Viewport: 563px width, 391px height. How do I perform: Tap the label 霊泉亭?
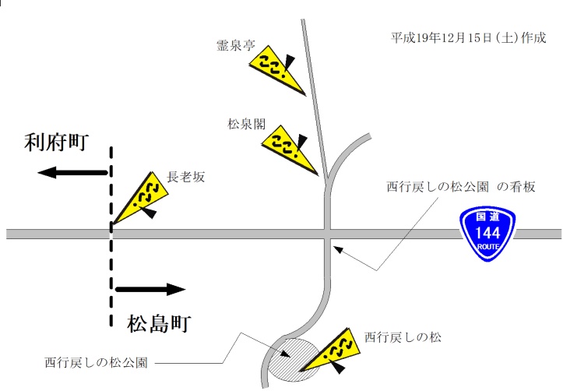236,46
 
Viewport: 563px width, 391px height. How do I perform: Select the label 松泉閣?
247,124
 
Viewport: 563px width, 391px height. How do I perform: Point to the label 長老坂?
185,177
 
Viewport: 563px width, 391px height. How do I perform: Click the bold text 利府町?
56,143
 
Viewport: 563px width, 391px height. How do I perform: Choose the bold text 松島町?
159,323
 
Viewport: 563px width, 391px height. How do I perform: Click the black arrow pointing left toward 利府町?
72,173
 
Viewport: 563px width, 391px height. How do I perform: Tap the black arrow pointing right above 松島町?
150,289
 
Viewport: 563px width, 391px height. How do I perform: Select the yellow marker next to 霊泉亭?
277,70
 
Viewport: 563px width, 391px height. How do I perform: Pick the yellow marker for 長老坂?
140,198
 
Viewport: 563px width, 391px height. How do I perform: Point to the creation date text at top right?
468,37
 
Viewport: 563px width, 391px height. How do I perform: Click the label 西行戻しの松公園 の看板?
461,187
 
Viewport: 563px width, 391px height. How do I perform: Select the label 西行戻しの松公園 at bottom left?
97,362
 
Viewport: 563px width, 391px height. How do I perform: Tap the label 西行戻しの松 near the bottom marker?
403,337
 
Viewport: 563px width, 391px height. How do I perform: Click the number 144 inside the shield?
487,233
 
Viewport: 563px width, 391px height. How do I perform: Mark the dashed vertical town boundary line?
111,236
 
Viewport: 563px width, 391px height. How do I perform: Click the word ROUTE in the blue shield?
488,247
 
